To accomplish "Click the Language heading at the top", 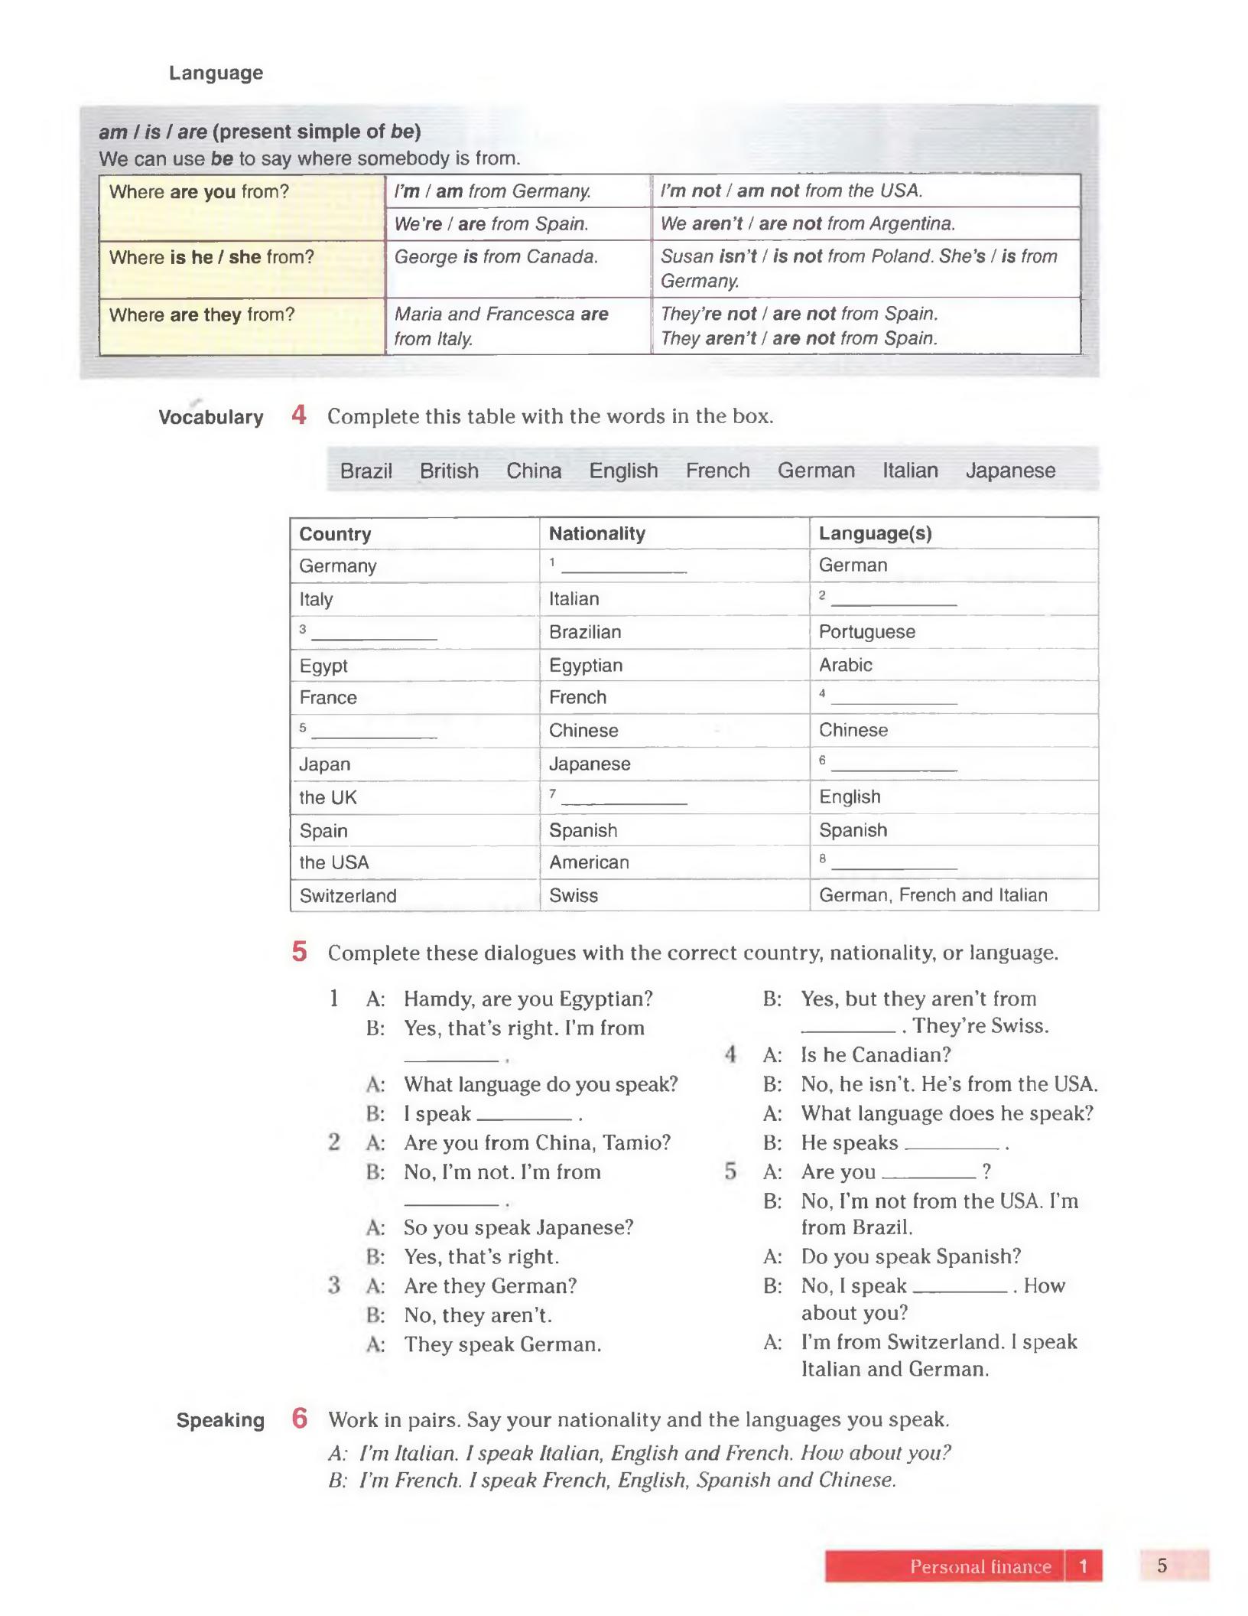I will pos(216,73).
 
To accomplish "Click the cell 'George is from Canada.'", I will pos(496,257).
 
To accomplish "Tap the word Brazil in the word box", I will pos(366,471).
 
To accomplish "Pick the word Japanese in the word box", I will pos(1009,471).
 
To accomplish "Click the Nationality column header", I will pos(596,533).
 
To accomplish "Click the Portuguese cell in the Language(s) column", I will pos(866,632).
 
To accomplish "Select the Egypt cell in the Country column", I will pos(323,666).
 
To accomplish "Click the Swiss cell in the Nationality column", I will pos(574,896).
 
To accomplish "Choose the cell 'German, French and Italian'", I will pos(932,895).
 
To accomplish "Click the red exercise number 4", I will pos(299,415).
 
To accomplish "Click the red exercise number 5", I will pos(299,953).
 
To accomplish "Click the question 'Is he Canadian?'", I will pos(876,1055).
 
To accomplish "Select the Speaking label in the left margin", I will pos(220,1421).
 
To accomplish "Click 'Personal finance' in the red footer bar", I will pos(980,1567).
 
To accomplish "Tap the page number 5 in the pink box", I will pos(1162,1566).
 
